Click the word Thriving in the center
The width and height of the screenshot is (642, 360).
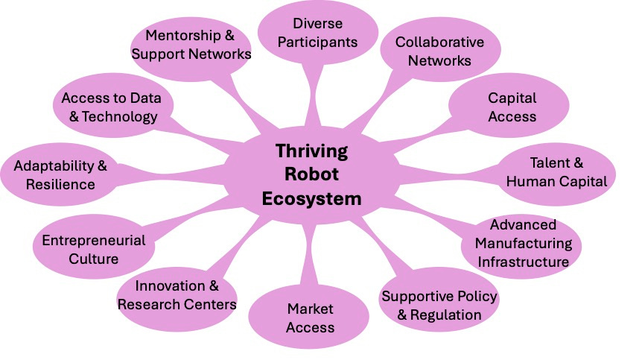tap(311, 151)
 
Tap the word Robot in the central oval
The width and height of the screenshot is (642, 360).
tap(311, 174)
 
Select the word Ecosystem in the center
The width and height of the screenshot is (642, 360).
tap(311, 199)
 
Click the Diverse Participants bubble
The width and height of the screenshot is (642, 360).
tap(318, 33)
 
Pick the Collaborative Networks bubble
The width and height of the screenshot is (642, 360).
tap(440, 51)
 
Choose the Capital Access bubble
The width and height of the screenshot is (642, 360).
tap(509, 106)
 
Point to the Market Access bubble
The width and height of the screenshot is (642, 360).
tap(309, 317)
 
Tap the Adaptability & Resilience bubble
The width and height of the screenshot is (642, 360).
tap(60, 174)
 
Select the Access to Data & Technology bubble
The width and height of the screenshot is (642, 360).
tap(112, 106)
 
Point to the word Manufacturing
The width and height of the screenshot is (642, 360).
tap(524, 244)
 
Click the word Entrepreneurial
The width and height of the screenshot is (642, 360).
tap(94, 241)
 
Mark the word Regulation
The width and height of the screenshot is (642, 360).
tap(446, 315)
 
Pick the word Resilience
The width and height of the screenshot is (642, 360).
tap(60, 184)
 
